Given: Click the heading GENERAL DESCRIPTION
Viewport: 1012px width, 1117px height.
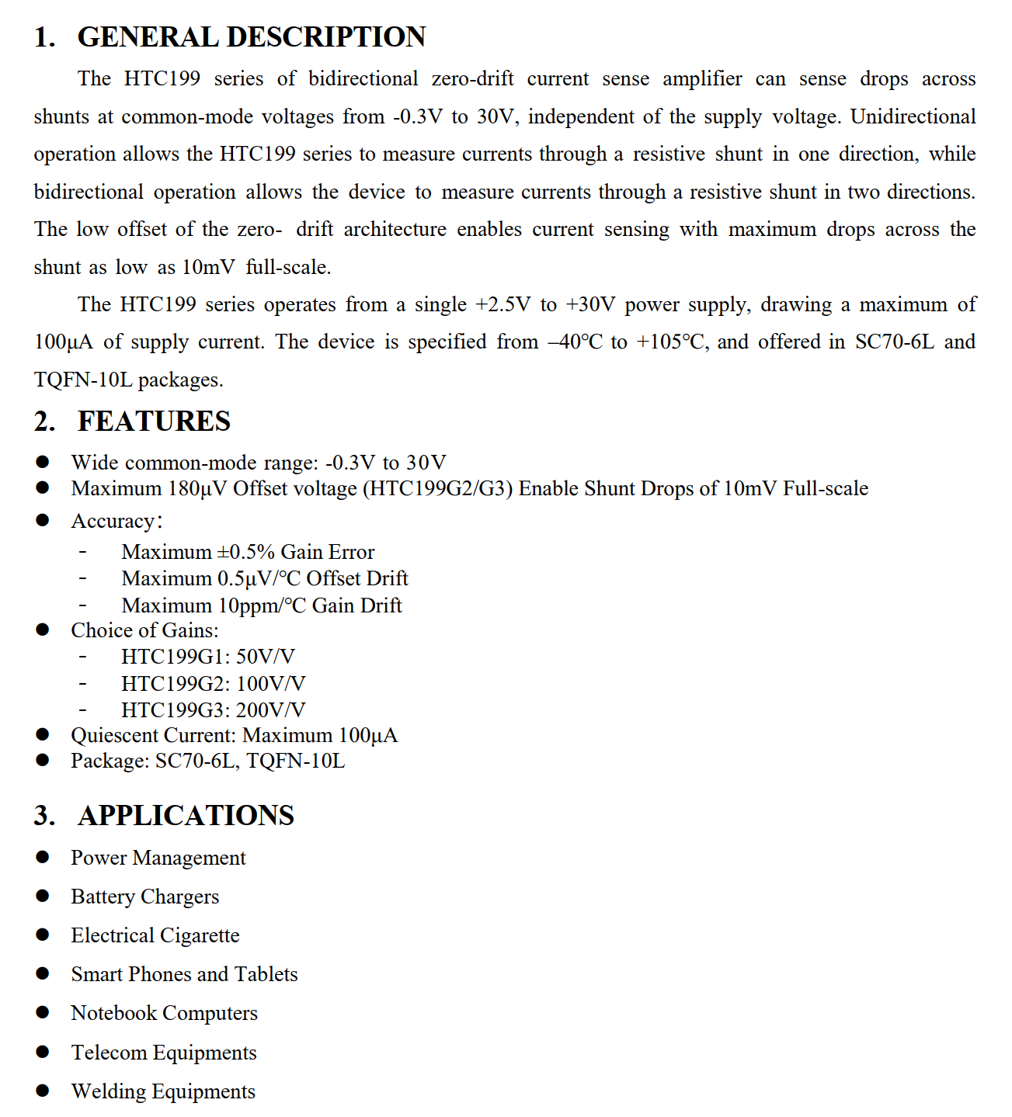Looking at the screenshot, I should [251, 36].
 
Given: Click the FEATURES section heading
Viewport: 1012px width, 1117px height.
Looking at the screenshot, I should [154, 421].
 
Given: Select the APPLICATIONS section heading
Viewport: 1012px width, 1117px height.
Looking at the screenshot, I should [186, 815].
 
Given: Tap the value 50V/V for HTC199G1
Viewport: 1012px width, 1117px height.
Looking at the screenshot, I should [265, 657].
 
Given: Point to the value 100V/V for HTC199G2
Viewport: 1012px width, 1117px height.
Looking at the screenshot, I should [270, 684].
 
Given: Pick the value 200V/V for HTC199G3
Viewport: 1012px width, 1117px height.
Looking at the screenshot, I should [270, 710].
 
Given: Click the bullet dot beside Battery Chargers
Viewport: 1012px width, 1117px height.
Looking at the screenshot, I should [43, 896].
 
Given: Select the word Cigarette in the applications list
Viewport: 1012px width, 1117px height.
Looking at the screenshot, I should [200, 935].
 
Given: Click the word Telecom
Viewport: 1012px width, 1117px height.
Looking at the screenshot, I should [109, 1053].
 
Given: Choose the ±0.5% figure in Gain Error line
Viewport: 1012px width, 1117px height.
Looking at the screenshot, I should [245, 552].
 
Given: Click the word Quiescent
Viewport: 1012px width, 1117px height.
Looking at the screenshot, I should [115, 735].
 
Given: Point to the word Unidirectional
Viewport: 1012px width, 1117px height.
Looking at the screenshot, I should [913, 116].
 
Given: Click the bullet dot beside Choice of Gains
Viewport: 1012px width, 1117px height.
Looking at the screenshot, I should [43, 630].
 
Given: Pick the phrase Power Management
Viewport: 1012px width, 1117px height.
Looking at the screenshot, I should [158, 858].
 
